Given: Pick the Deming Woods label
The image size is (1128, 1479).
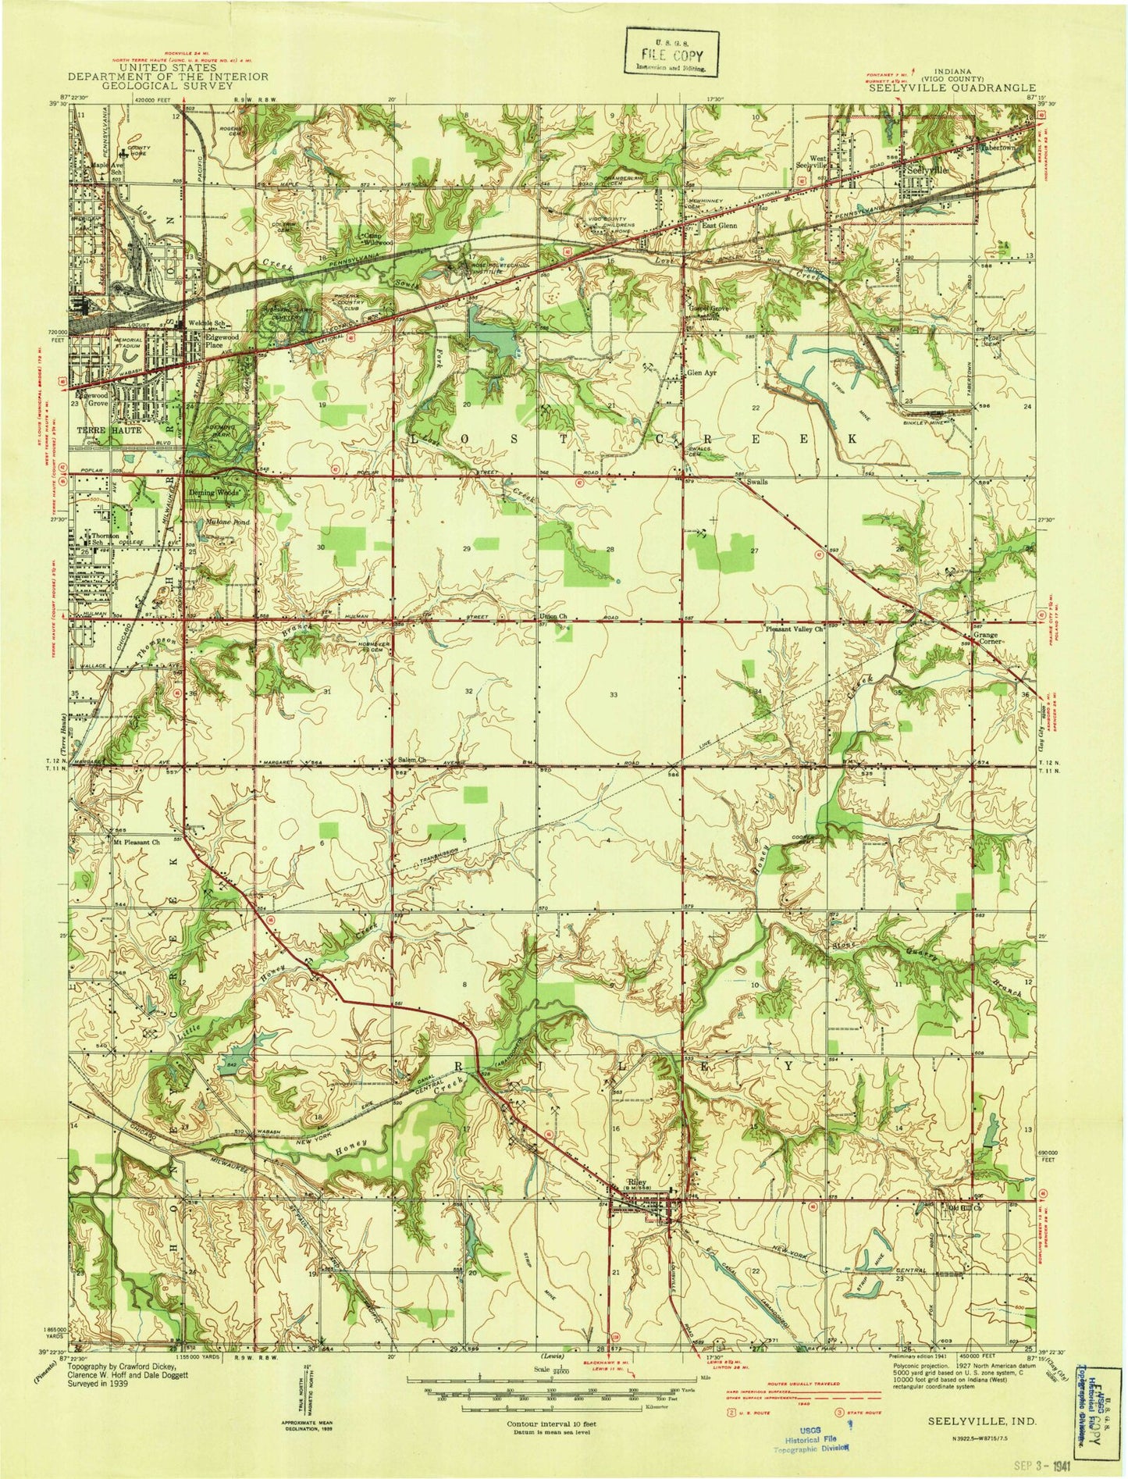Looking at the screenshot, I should coord(219,494).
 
